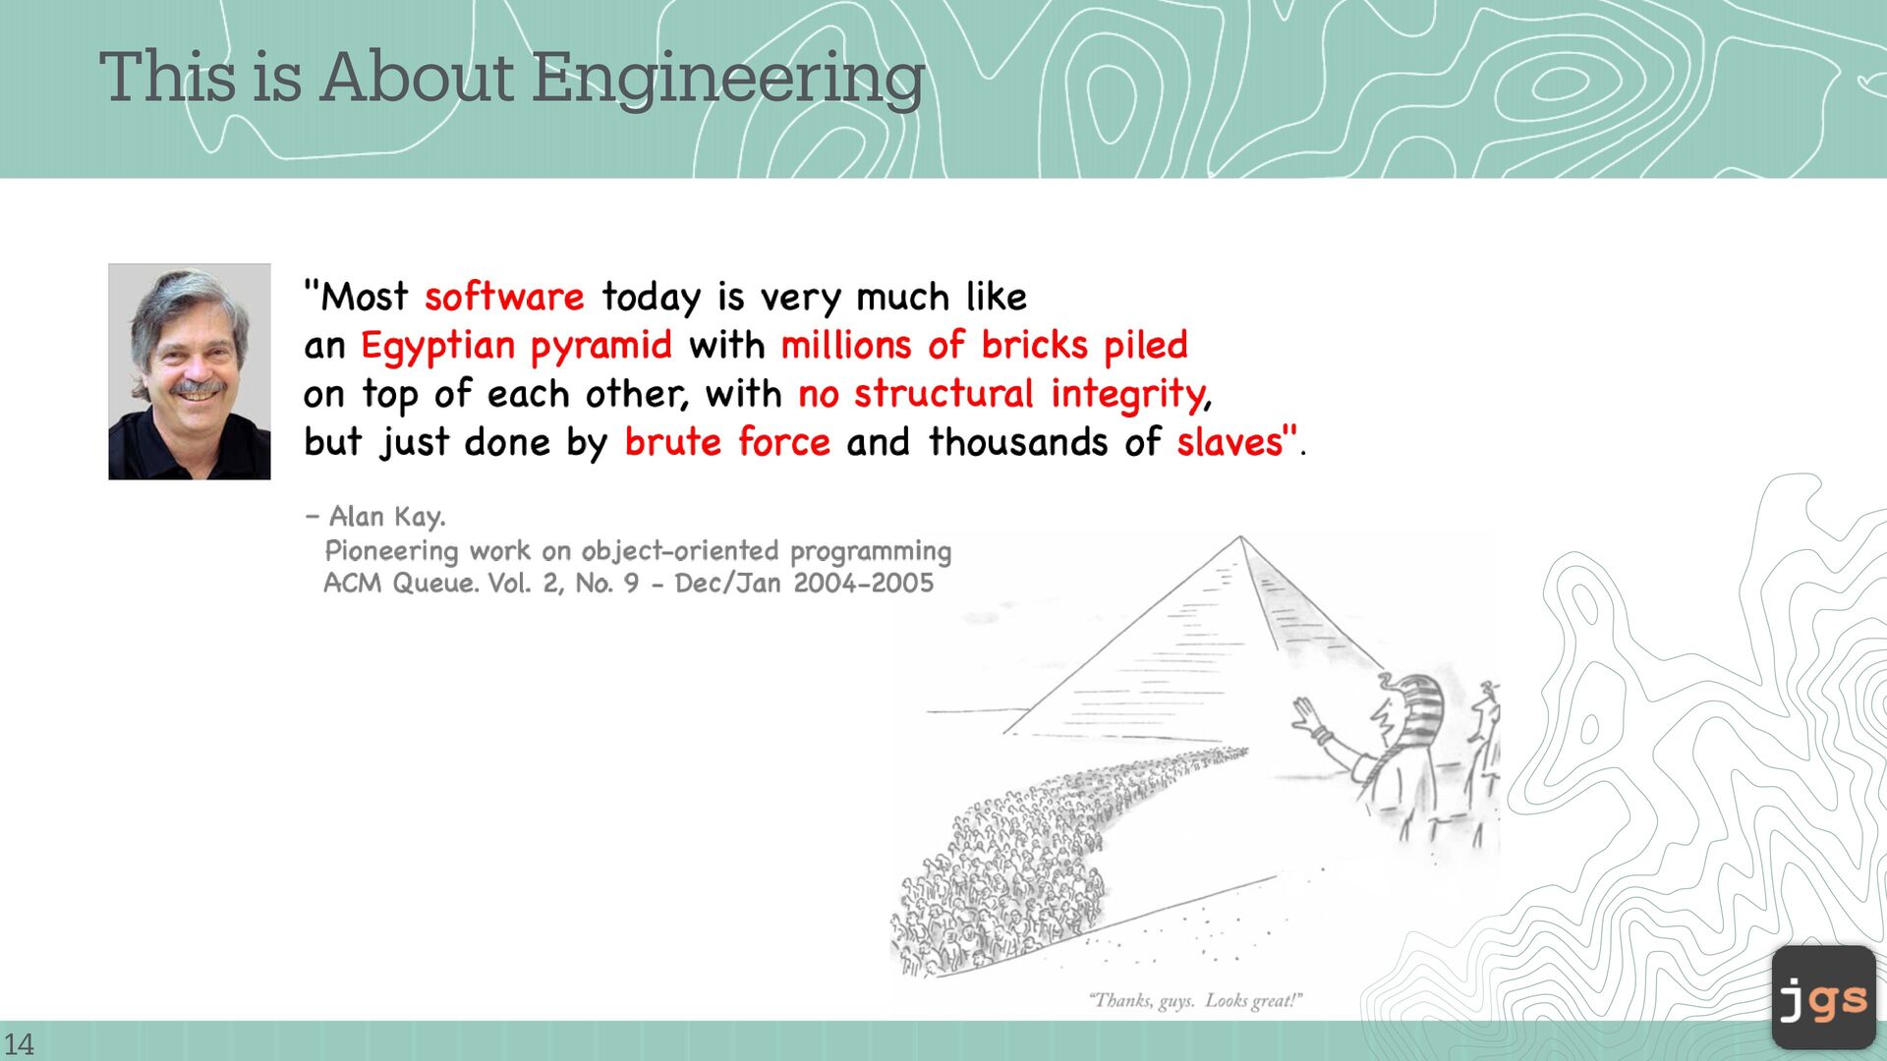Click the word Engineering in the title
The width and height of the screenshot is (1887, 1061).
728,79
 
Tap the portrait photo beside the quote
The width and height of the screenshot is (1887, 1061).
190,371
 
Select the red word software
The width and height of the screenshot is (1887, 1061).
504,296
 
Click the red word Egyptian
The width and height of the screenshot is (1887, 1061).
437,347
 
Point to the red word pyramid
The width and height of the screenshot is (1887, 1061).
601,347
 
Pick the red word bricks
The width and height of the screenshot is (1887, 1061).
1035,345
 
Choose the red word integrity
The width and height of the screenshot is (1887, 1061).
1127,395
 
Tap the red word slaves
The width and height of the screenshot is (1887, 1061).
1230,442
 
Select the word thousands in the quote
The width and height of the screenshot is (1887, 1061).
1018,442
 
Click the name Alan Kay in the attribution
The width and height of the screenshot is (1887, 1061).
386,516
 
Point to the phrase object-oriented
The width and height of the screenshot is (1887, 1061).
680,551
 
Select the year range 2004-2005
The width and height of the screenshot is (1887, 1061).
864,584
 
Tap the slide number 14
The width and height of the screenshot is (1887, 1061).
19,1043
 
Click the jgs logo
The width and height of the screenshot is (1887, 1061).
1824,997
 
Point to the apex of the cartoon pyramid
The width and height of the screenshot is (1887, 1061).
1240,536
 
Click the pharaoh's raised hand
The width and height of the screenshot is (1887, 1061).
1308,715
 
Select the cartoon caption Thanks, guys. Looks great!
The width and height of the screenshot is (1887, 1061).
1195,1001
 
